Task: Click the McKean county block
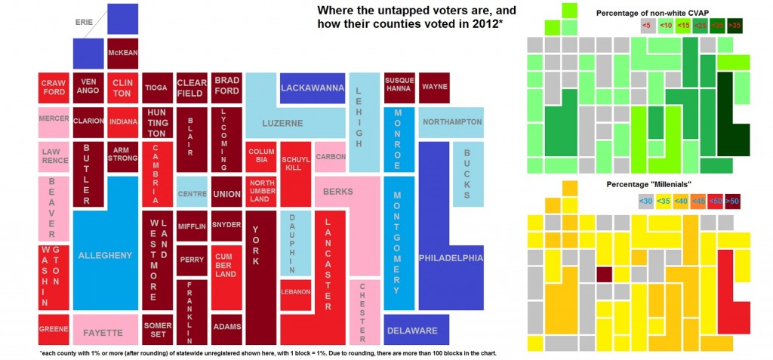coord(122,54)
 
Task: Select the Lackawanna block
coord(313,88)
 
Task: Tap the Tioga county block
coord(156,88)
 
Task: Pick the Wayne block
coord(434,88)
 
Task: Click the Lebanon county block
coord(295,292)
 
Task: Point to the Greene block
coord(54,329)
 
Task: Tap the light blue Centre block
coord(192,193)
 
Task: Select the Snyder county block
coord(226,225)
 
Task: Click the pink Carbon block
coord(331,157)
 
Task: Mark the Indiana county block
coord(123,122)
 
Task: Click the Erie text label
coord(85,22)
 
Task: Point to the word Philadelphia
coord(451,258)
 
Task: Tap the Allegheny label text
coord(105,255)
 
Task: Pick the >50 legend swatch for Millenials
coord(732,201)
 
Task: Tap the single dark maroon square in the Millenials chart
coord(605,273)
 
